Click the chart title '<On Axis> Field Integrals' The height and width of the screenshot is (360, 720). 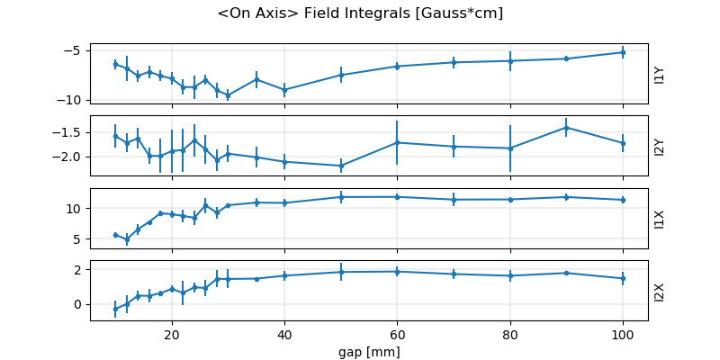tap(360, 13)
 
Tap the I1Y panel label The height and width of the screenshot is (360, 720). tap(660, 75)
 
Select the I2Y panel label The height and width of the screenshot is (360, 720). tap(660, 146)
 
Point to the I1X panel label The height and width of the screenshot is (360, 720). tap(660, 219)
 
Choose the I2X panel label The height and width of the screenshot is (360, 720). tap(660, 291)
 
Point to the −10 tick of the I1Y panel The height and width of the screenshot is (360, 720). tap(70, 100)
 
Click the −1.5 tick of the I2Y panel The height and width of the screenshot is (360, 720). tap(67, 132)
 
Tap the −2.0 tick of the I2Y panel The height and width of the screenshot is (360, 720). tap(67, 157)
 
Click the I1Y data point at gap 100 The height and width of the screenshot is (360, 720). tap(622, 52)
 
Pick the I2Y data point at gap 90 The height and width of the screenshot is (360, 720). tap(566, 127)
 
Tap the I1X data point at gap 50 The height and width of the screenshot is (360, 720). tap(341, 196)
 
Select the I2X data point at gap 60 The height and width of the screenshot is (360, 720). tap(397, 271)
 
